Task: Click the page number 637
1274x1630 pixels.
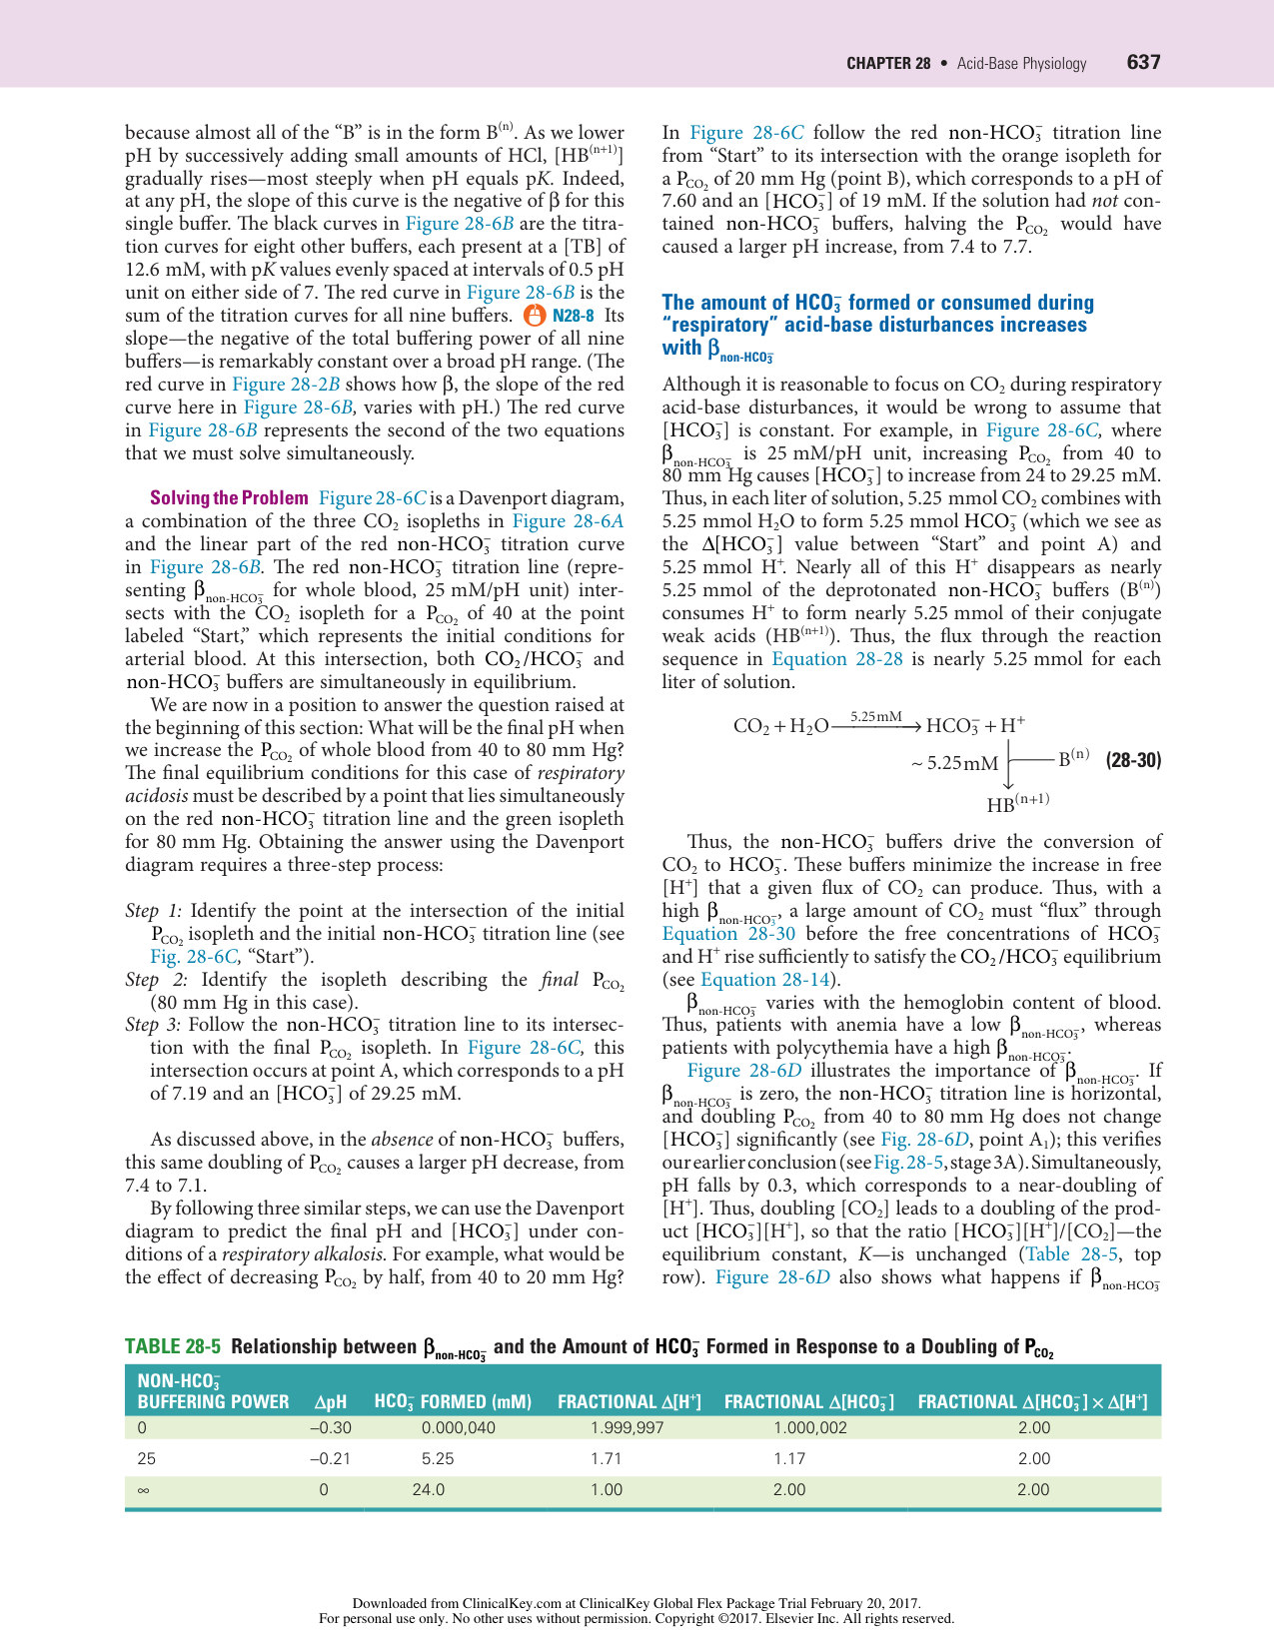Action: click(1143, 62)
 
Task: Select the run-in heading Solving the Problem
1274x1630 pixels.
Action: click(229, 498)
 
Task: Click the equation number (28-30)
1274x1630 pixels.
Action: click(1133, 760)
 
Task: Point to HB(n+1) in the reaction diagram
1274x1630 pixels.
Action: click(1017, 803)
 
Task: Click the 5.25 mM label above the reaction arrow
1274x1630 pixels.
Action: click(875, 716)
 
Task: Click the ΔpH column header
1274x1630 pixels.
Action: click(330, 1401)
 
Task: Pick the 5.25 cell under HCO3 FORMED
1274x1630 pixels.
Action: click(438, 1458)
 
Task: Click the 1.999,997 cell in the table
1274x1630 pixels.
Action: click(627, 1428)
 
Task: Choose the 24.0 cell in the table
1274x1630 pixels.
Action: click(429, 1490)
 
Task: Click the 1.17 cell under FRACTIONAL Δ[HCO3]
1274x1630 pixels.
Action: click(789, 1458)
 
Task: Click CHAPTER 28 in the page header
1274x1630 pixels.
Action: click(888, 63)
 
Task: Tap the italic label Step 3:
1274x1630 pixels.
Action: click(153, 1025)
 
